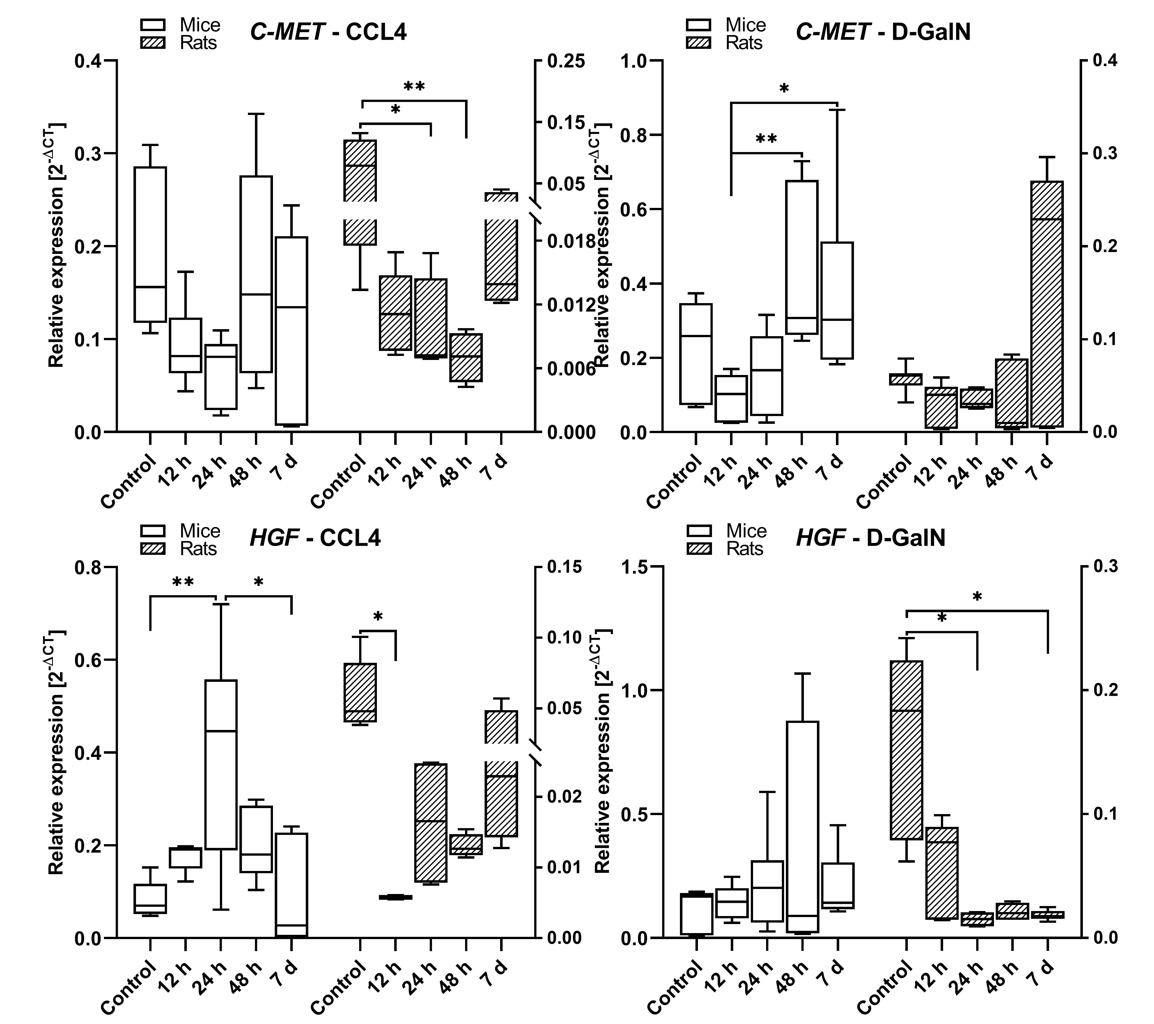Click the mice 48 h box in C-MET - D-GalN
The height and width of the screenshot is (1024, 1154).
(x=802, y=257)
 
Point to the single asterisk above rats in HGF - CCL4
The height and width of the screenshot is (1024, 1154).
(x=378, y=616)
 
